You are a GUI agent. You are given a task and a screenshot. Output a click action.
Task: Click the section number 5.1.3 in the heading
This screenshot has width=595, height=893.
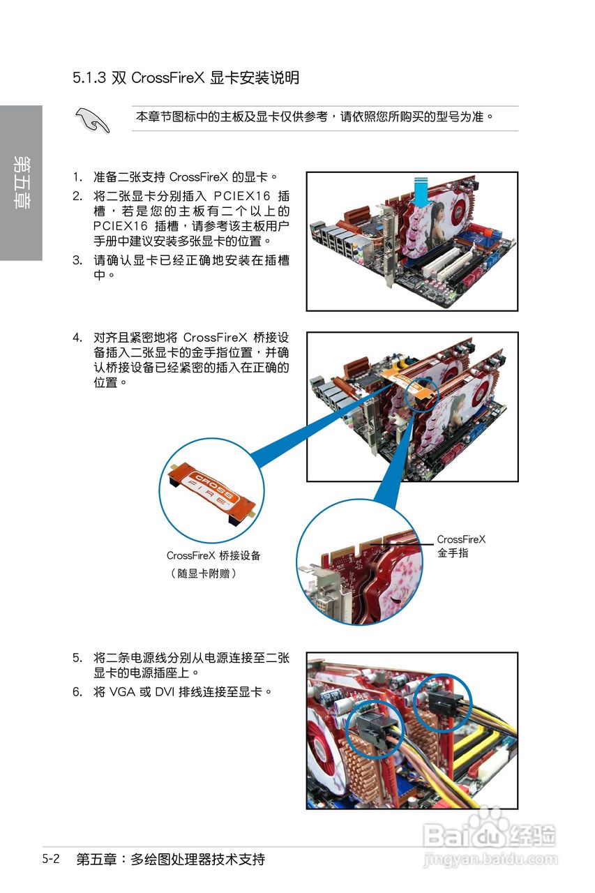click(x=89, y=77)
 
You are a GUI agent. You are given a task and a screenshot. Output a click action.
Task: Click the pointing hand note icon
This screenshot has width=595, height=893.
click(x=93, y=120)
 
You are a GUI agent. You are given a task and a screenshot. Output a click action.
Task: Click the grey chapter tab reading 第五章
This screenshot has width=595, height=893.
click(x=21, y=183)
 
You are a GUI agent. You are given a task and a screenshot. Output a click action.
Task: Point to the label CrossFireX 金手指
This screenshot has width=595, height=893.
click(x=461, y=546)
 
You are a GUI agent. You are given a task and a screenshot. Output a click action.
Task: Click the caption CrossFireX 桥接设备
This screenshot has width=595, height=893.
click(x=213, y=555)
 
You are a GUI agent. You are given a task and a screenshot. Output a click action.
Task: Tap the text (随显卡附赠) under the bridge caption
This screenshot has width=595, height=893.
click(x=203, y=573)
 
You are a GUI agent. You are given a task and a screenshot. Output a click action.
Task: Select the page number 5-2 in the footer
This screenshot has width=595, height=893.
click(x=50, y=859)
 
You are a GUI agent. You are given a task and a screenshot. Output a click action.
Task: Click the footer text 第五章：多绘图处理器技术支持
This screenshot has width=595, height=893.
click(x=170, y=859)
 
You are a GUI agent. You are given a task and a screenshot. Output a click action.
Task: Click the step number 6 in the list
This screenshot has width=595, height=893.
click(x=77, y=692)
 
